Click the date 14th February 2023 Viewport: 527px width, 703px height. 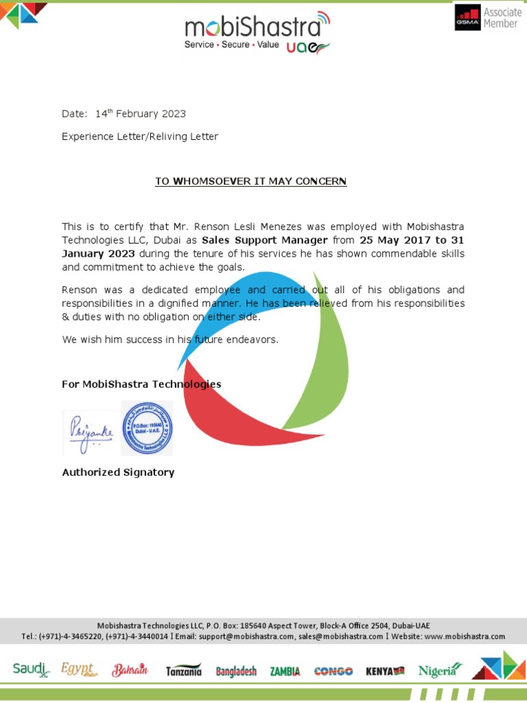[x=140, y=114]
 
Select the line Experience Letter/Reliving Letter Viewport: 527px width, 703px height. [x=140, y=137]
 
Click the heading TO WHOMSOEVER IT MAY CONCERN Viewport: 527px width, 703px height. [x=251, y=181]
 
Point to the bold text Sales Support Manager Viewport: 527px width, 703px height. [x=264, y=240]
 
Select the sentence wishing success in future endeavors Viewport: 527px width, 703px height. [x=170, y=339]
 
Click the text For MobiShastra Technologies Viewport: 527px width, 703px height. [x=141, y=384]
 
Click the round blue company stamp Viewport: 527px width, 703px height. [x=147, y=428]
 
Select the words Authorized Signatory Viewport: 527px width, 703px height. [x=118, y=472]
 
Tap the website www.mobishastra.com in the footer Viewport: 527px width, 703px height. [x=465, y=636]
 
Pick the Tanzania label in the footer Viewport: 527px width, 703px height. [x=184, y=671]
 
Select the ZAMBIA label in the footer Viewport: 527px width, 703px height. [x=285, y=671]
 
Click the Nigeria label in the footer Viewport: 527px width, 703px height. [x=439, y=670]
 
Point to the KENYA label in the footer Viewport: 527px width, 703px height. [x=385, y=671]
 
